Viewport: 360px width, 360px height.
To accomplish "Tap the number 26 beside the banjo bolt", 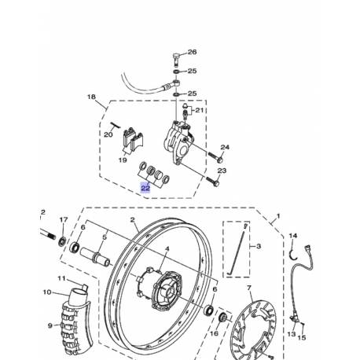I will click(x=193, y=53).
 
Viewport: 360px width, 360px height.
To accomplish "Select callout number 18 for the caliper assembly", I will click(x=91, y=98).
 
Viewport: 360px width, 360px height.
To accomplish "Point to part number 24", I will click(x=224, y=148).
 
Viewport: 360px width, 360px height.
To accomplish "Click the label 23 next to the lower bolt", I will click(x=222, y=170).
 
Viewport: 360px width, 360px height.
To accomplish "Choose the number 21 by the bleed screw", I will click(x=198, y=111).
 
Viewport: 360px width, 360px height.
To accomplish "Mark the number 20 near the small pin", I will click(x=108, y=134).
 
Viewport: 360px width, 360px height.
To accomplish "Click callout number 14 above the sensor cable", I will click(x=293, y=235).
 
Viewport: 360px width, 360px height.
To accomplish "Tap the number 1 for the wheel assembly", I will click(x=276, y=215).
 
